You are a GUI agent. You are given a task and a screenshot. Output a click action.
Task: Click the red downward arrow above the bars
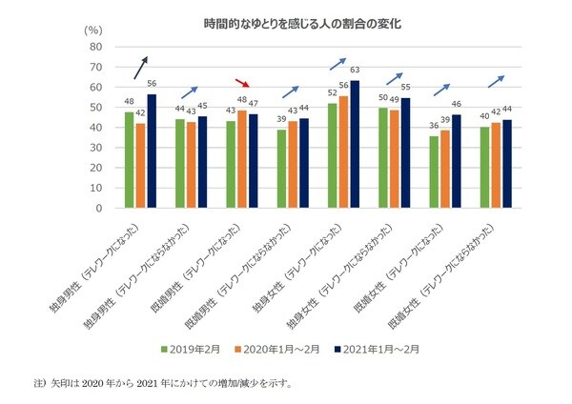click(244, 84)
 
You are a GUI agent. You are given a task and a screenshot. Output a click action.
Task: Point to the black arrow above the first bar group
click(139, 69)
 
